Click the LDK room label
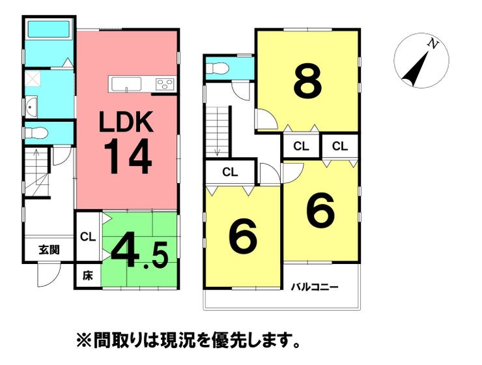click(x=126, y=122)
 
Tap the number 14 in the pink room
click(x=128, y=156)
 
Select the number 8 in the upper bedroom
click(x=308, y=81)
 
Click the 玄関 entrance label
click(x=49, y=250)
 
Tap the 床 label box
click(x=88, y=276)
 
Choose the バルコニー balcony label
click(x=315, y=287)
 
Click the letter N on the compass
click(x=433, y=44)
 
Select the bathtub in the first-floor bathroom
click(x=49, y=29)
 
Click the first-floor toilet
click(x=36, y=133)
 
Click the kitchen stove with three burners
click(x=165, y=84)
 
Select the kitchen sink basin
click(x=126, y=84)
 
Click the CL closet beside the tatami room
click(x=88, y=237)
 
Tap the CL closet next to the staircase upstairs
click(x=230, y=172)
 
